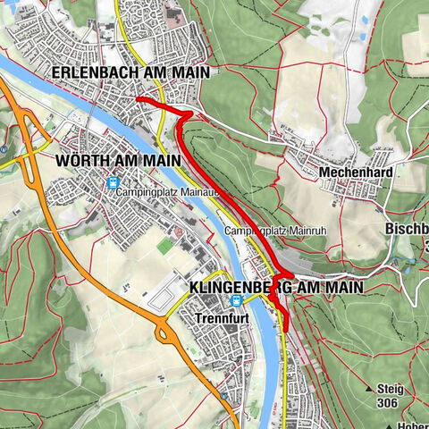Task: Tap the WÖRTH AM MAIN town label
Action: point(112,162)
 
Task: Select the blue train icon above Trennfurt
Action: point(235,301)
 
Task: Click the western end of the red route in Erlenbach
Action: point(137,98)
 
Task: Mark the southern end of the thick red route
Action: point(285,328)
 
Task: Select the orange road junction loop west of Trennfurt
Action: point(164,333)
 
